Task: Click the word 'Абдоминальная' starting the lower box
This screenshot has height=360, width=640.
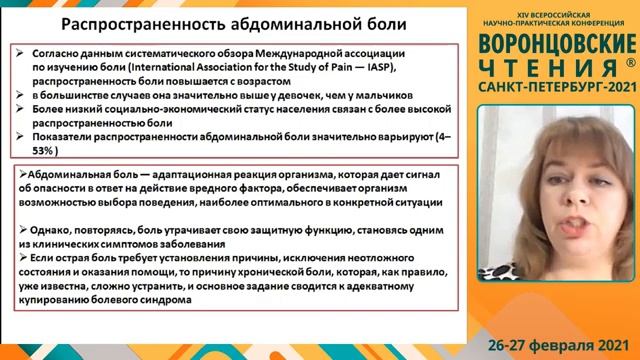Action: (x=67, y=174)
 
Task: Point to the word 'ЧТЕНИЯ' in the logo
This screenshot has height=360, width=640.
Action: (x=547, y=68)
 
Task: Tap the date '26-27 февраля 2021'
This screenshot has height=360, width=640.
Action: (x=557, y=341)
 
